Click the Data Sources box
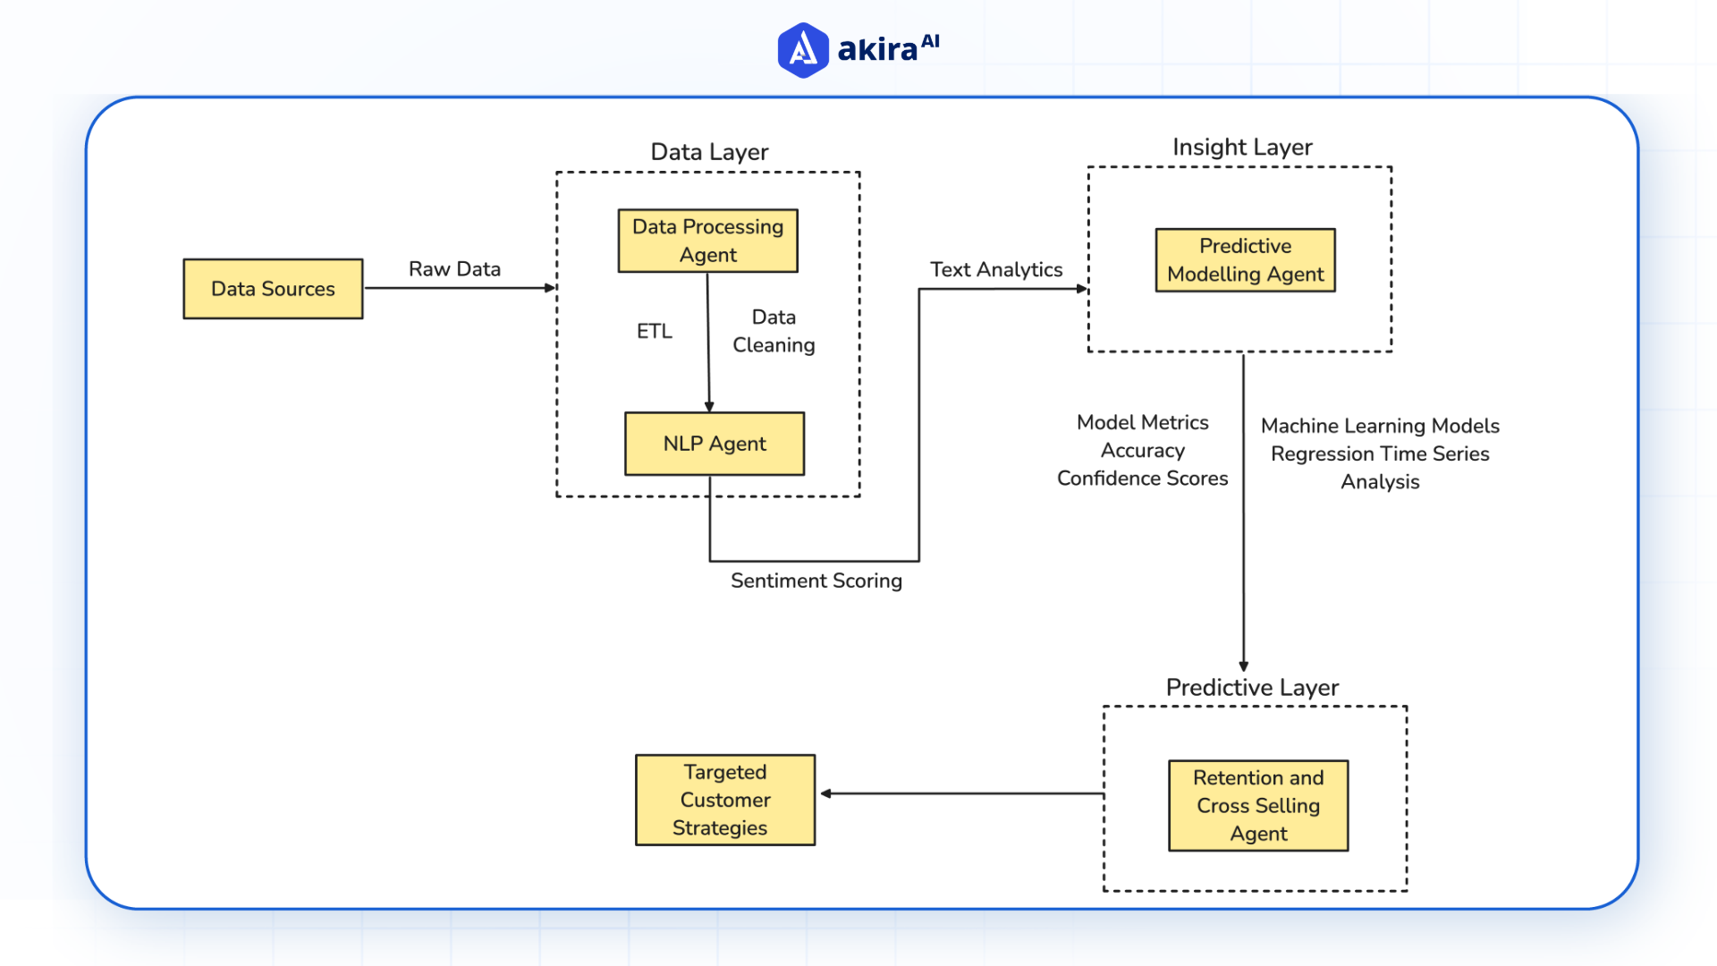coord(273,289)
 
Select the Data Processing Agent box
coord(707,241)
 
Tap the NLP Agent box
coord(714,444)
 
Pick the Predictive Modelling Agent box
coord(1245,260)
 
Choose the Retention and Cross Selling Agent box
coord(1257,805)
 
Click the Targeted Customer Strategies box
coord(724,800)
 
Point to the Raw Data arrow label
coord(454,269)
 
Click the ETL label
coord(654,332)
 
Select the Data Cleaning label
coord(774,331)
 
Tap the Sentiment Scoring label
coord(816,581)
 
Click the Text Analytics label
coord(995,270)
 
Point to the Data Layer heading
coord(709,152)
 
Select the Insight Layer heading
coord(1242,148)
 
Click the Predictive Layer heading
coord(1252,688)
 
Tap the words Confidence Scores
coord(1142,479)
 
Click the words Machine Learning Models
coord(1380,426)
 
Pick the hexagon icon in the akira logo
coord(803,50)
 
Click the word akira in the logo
coord(877,50)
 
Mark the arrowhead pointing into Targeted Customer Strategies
coord(826,793)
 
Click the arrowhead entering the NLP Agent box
coord(709,407)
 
